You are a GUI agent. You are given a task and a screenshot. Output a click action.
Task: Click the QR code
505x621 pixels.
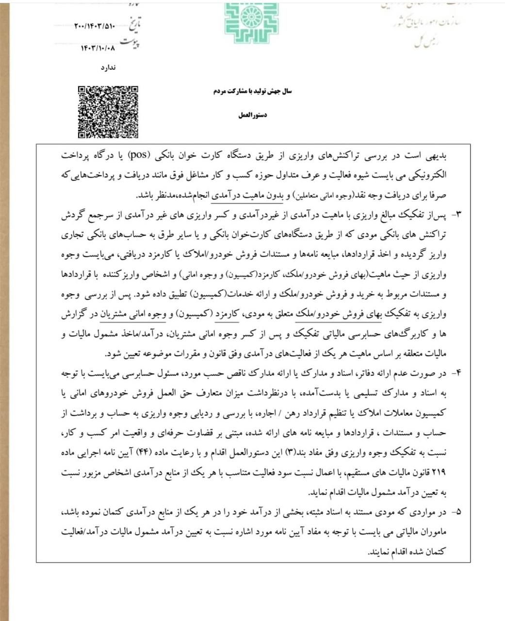tap(108, 112)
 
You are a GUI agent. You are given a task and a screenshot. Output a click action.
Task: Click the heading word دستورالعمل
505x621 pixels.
tap(253, 116)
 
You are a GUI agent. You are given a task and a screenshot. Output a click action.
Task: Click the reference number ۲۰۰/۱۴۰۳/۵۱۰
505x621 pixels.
tap(95, 26)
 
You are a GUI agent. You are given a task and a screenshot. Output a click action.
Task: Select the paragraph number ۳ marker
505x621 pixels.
tap(456, 214)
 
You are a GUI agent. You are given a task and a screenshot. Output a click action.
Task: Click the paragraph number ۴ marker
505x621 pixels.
tap(456, 373)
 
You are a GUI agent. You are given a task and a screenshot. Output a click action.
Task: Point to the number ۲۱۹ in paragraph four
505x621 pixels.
tap(438, 471)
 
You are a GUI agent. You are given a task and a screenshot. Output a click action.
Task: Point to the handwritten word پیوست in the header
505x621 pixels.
tap(131, 44)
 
